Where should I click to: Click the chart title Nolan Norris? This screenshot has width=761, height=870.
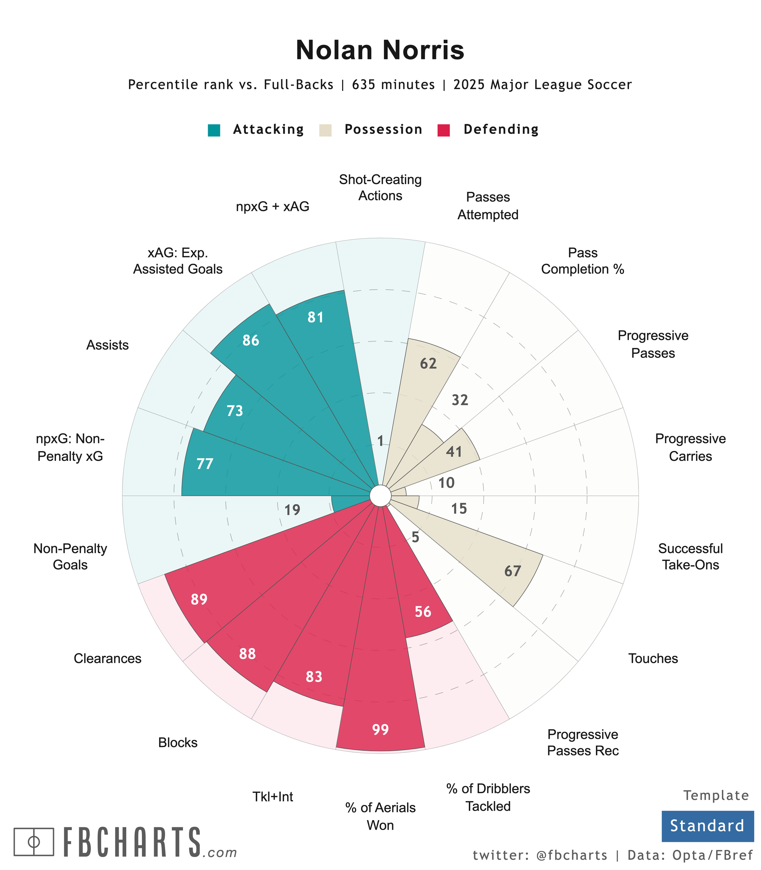[380, 50]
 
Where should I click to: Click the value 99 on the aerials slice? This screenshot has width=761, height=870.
[380, 730]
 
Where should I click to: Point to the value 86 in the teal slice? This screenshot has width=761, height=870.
[251, 340]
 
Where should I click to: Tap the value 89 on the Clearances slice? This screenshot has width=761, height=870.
[199, 599]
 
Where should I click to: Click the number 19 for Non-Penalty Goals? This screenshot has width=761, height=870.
[292, 510]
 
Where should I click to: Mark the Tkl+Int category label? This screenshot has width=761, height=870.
[273, 797]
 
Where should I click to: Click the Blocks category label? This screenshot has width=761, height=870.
[178, 743]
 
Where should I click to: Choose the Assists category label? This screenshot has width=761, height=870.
[107, 345]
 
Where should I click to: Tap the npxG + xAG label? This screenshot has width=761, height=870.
[273, 207]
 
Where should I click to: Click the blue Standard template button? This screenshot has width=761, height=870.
[707, 826]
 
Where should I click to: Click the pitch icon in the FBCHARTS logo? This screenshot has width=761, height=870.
[34, 841]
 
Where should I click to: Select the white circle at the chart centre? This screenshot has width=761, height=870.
[380, 496]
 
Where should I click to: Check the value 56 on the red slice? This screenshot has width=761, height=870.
[423, 612]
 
